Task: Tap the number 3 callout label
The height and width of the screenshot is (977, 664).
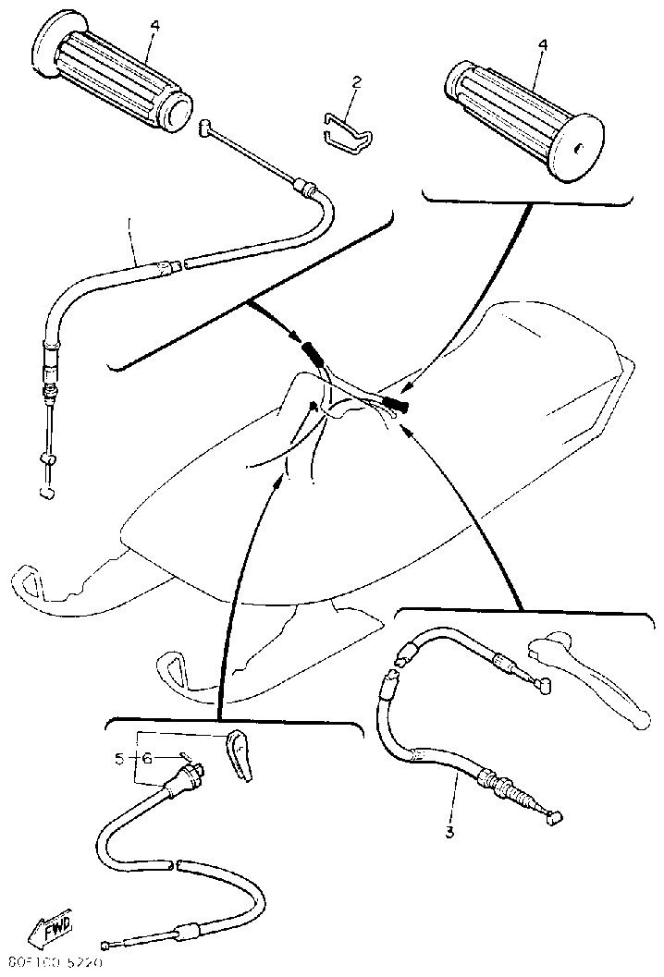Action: tap(449, 830)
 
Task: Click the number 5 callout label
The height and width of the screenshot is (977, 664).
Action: tap(119, 759)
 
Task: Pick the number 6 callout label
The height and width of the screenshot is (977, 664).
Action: tap(147, 759)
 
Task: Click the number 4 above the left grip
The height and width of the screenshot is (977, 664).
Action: tap(154, 24)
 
